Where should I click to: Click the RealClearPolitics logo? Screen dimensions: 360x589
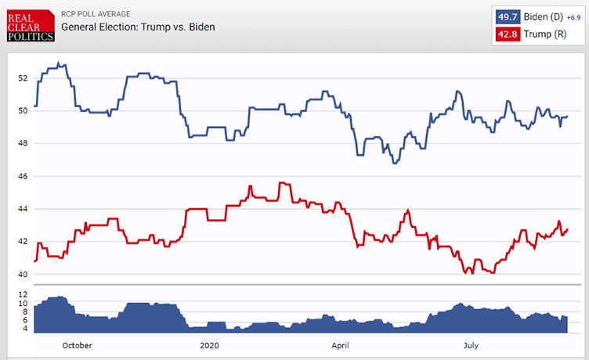coord(29,26)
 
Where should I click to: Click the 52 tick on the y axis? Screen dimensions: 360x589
coord(22,78)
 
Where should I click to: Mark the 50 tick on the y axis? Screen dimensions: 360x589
coord(22,110)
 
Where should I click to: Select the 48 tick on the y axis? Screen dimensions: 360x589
coord(22,143)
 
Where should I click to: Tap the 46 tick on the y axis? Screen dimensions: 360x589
coord(22,176)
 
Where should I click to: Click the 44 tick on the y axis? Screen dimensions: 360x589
coord(22,209)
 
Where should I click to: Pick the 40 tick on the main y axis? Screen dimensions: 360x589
coord(22,274)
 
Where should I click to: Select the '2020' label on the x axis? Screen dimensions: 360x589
coord(209,344)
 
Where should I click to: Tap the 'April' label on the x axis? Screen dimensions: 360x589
coord(340,344)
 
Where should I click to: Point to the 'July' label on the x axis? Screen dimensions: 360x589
coord(471,344)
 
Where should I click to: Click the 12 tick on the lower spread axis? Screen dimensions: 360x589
coord(22,294)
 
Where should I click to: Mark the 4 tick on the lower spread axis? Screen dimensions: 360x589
coord(23,329)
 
